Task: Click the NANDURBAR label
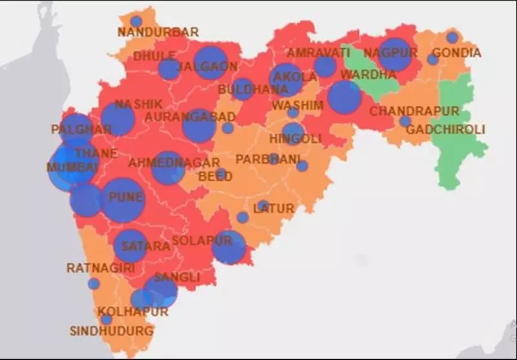[158, 32]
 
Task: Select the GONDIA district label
[456, 53]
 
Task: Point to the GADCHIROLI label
[445, 130]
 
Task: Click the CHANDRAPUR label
[414, 111]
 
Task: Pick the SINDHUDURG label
[112, 331]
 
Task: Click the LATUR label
[274, 208]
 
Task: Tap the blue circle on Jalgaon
[210, 63]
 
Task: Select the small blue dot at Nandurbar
[136, 21]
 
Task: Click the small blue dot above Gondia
[452, 37]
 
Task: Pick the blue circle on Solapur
[229, 247]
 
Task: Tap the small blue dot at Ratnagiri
[94, 283]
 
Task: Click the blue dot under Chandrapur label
[405, 121]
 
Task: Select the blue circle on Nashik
[117, 119]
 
